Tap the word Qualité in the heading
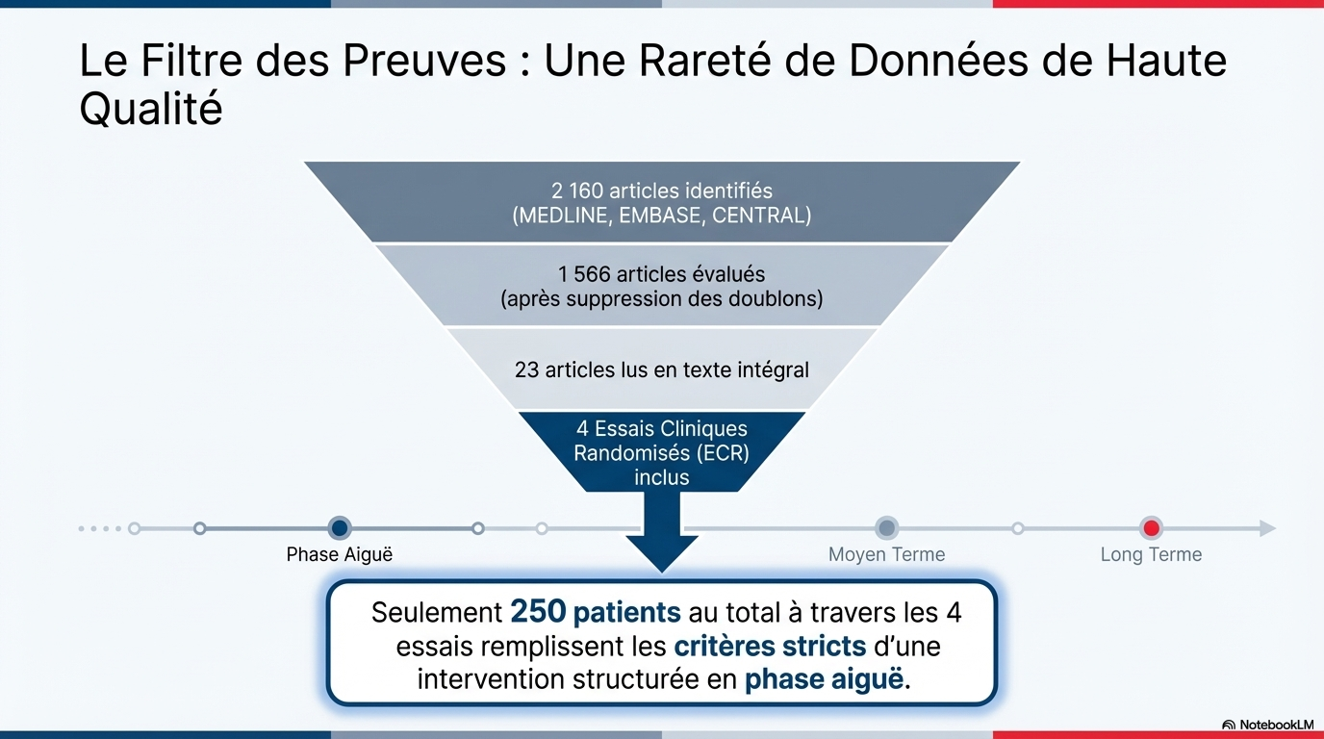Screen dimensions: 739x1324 tap(150, 111)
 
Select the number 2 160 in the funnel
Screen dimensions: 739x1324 tap(577, 191)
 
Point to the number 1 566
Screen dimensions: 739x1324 tap(583, 274)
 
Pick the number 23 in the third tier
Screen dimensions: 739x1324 tap(526, 369)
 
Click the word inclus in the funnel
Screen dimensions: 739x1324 tap(661, 477)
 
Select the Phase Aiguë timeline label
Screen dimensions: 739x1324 tap(340, 555)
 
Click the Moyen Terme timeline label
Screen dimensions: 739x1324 tap(886, 555)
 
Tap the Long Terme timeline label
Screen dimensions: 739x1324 tap(1151, 555)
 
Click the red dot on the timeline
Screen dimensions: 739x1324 tap(1151, 528)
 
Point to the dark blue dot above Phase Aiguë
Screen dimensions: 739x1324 tap(339, 528)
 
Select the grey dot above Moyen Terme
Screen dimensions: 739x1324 tap(886, 528)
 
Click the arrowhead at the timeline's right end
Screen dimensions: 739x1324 tap(1267, 528)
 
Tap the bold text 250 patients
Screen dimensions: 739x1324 tap(595, 612)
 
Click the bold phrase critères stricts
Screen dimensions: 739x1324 tap(756, 646)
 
